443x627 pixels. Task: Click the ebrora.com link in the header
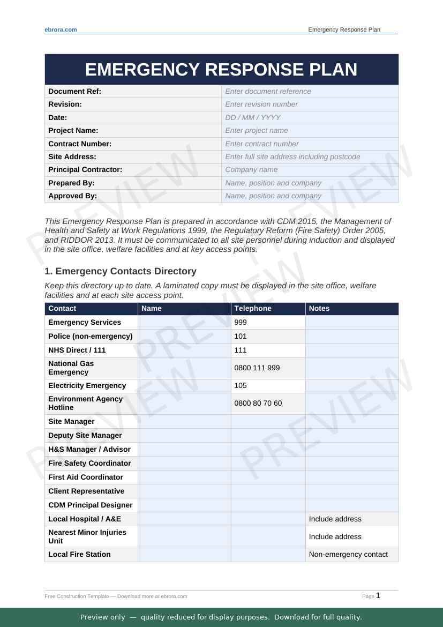tap(61, 29)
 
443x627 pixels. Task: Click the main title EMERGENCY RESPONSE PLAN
tap(221, 70)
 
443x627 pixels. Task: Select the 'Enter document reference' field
tap(268, 91)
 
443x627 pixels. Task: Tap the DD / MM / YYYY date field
tap(253, 117)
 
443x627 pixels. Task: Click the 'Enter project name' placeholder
tap(257, 130)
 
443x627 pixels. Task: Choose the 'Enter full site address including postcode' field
tap(292, 156)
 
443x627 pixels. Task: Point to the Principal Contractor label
tap(85, 169)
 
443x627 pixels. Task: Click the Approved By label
tap(73, 196)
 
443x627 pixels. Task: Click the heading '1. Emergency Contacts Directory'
tap(121, 271)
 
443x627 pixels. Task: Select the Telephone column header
tap(253, 308)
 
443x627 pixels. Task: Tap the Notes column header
tap(319, 308)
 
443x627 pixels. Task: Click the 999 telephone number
tap(241, 322)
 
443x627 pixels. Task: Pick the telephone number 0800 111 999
tap(258, 368)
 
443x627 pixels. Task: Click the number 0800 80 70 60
tap(258, 403)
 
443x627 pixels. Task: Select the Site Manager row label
tap(71, 421)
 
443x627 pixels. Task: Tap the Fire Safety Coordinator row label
tap(89, 463)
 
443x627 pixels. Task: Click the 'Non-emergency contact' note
tap(348, 554)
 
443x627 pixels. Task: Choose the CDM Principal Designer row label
tap(90, 505)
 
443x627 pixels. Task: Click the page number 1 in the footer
tap(378, 595)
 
